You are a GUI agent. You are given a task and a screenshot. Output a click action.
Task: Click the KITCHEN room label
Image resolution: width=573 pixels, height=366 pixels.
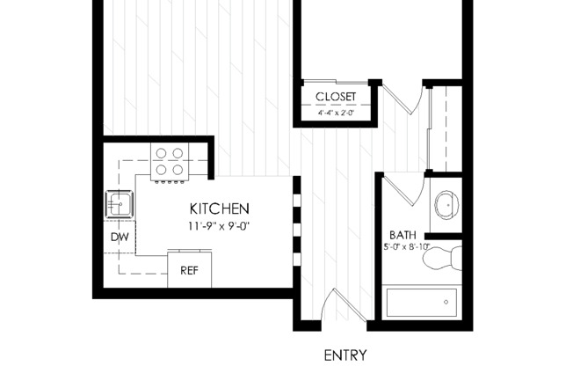coord(220,209)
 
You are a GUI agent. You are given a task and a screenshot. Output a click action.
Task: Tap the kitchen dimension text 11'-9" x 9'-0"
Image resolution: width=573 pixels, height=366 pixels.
coord(220,225)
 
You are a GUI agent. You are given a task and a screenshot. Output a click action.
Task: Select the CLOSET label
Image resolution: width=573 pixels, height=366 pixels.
coord(335,96)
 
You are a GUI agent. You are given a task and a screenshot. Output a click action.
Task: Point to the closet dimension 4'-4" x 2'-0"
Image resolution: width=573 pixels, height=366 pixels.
coord(335,113)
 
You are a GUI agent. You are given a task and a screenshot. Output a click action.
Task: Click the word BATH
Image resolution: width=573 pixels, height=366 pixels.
coord(403,235)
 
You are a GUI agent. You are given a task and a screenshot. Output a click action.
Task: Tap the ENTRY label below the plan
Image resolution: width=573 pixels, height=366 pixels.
coord(345,355)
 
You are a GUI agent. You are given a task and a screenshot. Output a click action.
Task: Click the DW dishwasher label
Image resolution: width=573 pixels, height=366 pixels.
coord(119,238)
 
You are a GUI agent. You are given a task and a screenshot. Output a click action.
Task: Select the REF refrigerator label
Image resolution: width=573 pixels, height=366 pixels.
coord(189,271)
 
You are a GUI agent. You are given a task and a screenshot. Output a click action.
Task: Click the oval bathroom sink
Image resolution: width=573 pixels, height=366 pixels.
coord(447,206)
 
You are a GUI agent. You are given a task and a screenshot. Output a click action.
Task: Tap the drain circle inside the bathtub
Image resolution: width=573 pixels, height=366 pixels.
coord(446,303)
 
